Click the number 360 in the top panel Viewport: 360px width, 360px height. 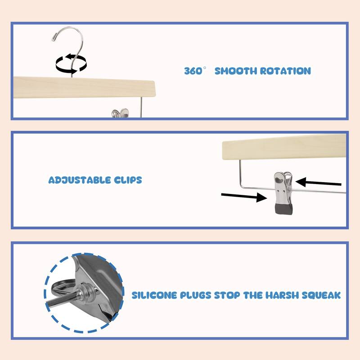point(193,71)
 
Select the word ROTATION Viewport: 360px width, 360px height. point(286,71)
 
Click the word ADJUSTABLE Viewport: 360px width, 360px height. point(80,180)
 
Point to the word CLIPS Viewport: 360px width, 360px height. point(128,180)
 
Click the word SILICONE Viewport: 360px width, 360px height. point(154,295)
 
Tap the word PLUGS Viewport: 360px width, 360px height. point(195,295)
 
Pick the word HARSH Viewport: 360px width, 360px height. point(282,295)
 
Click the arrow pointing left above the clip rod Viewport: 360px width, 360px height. point(318,183)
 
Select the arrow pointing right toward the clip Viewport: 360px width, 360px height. point(244,196)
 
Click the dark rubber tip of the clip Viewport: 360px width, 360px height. point(284,209)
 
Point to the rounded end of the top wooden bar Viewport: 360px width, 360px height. point(154,88)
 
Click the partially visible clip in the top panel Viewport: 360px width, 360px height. point(120,113)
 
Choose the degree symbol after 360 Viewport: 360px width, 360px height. point(205,68)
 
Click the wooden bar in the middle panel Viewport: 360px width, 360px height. point(284,147)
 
